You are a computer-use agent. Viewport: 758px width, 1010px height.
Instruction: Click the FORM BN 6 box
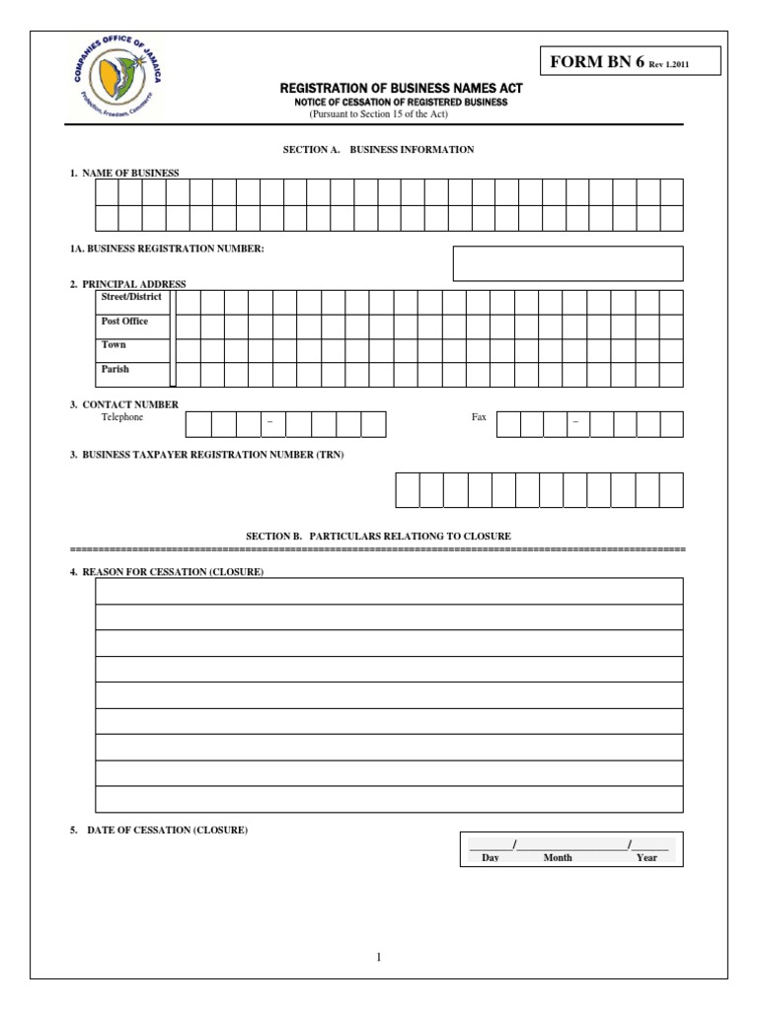click(630, 61)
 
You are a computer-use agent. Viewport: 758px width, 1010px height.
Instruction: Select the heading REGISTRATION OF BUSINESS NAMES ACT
click(401, 89)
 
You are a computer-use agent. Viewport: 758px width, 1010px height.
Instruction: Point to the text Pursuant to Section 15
click(379, 114)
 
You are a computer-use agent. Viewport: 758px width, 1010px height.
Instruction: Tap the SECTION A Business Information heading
click(379, 150)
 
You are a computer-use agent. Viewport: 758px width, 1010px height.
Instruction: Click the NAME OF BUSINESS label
click(124, 174)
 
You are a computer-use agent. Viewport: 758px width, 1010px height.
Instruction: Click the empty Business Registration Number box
click(568, 263)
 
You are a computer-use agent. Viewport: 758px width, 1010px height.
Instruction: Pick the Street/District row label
click(131, 296)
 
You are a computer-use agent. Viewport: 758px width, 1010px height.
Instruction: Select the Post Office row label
click(124, 322)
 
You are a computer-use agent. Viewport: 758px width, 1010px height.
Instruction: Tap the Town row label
click(114, 345)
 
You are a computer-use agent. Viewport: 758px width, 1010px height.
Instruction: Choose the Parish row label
click(114, 370)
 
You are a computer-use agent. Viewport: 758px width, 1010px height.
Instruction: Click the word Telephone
click(122, 417)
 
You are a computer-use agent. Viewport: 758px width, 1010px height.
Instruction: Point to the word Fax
click(479, 417)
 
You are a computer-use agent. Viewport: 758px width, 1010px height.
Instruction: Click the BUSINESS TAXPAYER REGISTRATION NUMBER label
click(207, 455)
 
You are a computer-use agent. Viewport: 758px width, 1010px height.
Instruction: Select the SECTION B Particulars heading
click(378, 536)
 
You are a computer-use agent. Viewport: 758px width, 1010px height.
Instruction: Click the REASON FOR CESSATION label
click(167, 572)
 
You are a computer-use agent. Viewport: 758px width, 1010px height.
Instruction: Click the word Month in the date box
click(558, 858)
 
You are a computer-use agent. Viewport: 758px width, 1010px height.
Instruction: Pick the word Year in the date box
click(646, 858)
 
